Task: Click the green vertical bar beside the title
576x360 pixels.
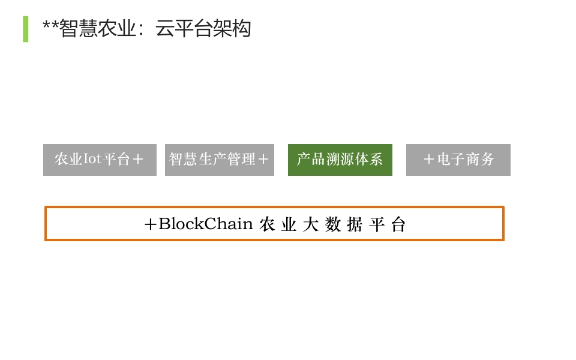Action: [x=25, y=29]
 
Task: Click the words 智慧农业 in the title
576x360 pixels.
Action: [x=98, y=29]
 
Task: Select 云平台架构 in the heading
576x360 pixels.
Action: [x=203, y=29]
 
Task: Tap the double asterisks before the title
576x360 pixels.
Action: [x=50, y=26]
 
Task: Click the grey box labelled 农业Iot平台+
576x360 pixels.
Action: [x=100, y=160]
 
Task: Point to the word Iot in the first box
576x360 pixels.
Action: [x=92, y=160]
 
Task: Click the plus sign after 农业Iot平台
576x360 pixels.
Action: [x=138, y=160]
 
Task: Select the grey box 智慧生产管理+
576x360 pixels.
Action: [x=220, y=160]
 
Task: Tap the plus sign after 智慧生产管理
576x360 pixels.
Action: [x=263, y=160]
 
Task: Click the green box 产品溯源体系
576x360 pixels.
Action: [x=340, y=160]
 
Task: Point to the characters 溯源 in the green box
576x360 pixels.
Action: [x=340, y=160]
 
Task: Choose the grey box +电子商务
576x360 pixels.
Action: [x=458, y=160]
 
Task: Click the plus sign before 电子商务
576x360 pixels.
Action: [x=428, y=160]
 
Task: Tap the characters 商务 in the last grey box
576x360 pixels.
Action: [x=480, y=160]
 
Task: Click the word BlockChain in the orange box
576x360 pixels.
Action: [x=206, y=224]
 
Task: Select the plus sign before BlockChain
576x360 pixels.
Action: [x=151, y=224]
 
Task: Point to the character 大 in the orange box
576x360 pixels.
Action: [x=311, y=224]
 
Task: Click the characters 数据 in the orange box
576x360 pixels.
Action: [x=344, y=224]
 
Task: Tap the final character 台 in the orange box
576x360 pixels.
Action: [x=398, y=224]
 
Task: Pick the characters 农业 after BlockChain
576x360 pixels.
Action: [x=278, y=224]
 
